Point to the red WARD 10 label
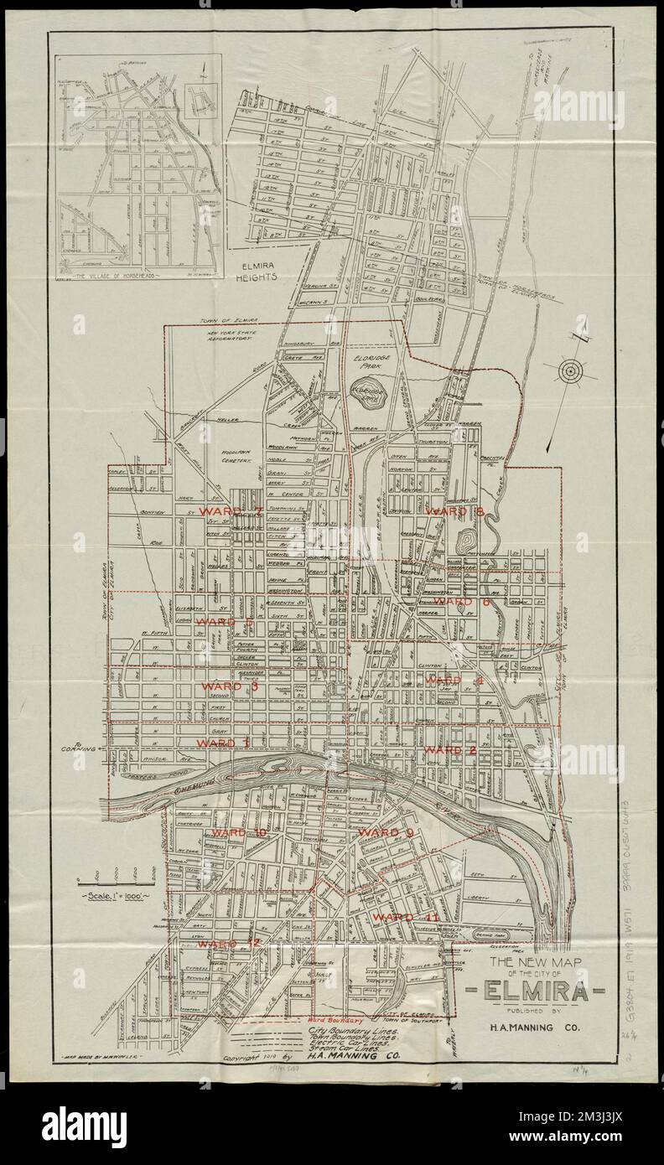coord(238,833)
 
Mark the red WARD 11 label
coord(403,917)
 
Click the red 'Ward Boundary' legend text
coord(334,1021)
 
